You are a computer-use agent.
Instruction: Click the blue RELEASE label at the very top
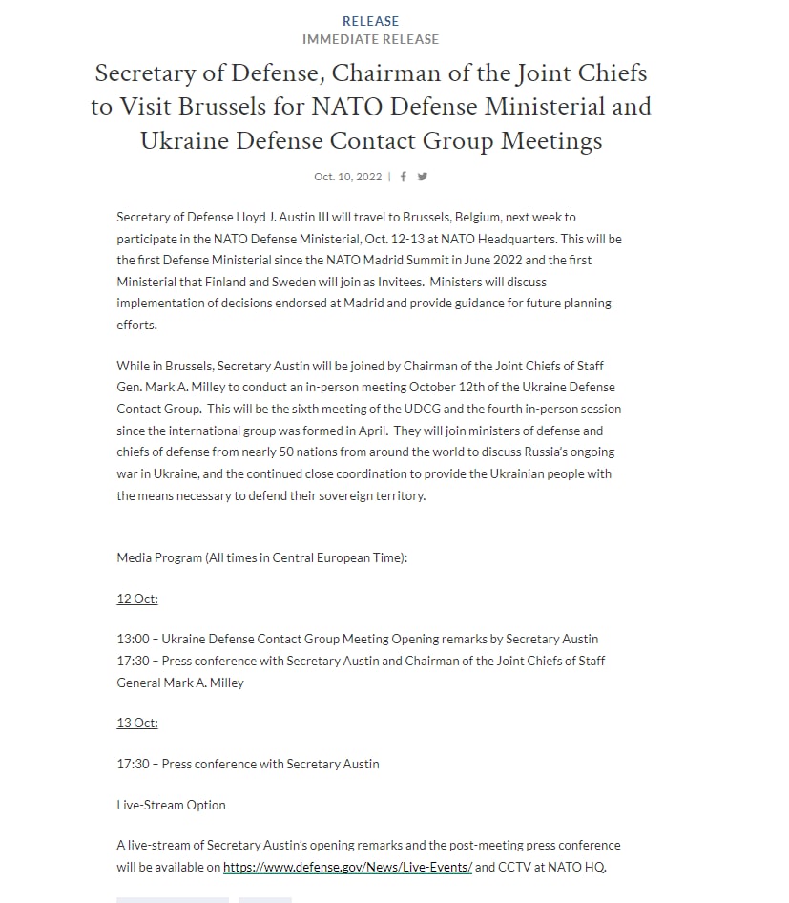tap(370, 21)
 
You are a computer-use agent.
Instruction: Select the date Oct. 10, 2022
tap(347, 177)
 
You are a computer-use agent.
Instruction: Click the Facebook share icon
tap(404, 177)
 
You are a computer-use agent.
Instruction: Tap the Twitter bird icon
tap(423, 177)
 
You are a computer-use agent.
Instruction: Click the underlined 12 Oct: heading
tap(137, 598)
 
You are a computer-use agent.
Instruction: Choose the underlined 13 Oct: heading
tap(137, 723)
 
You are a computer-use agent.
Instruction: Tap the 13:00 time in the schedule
tap(134, 639)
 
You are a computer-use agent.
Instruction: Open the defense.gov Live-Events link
tap(347, 868)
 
